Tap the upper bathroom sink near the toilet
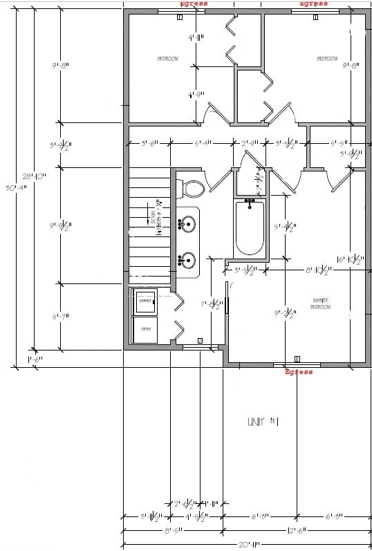[x=187, y=223]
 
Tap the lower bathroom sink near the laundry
[x=187, y=261]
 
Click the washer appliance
[x=146, y=301]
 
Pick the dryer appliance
[x=146, y=328]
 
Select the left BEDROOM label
[x=168, y=59]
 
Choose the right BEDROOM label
[x=326, y=59]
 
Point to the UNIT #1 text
[x=263, y=421]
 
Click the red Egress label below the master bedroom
[x=299, y=372]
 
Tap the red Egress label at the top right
[x=313, y=3]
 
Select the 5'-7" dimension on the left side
[x=61, y=317]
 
